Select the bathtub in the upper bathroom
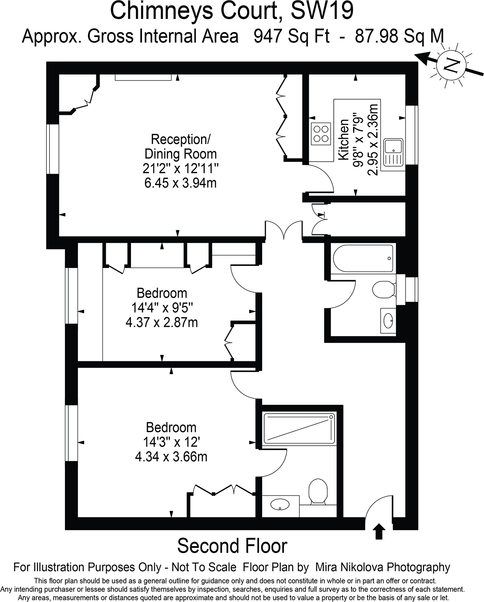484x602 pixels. click(x=362, y=259)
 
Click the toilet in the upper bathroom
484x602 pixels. click(x=384, y=290)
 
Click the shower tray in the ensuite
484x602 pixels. click(x=299, y=430)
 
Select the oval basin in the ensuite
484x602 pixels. click(x=280, y=504)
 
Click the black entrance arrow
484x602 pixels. click(x=379, y=531)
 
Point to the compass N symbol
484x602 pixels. click(x=452, y=65)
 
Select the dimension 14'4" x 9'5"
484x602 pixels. click(x=162, y=307)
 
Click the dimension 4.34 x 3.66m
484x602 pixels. click(x=171, y=456)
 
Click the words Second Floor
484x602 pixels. click(x=232, y=546)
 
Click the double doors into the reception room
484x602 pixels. click(x=284, y=230)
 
